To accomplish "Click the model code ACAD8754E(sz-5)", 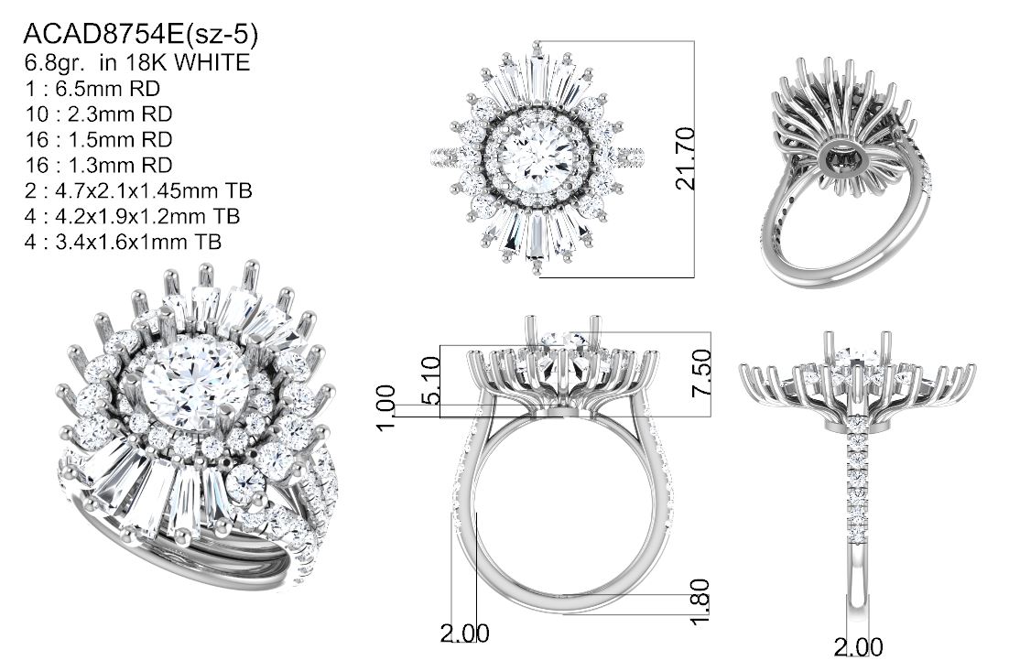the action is (x=140, y=35).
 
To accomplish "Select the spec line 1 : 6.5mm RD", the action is (x=92, y=88).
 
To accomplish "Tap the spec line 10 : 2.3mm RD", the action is (x=99, y=114).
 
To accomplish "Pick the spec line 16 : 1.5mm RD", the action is (x=99, y=140).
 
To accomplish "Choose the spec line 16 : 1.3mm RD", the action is (x=99, y=166).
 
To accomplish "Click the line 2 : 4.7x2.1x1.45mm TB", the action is (x=138, y=190).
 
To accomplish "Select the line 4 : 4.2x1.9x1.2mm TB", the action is (x=132, y=216).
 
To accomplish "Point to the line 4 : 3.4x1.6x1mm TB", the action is (x=123, y=242).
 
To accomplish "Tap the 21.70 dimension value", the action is (x=685, y=158).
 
